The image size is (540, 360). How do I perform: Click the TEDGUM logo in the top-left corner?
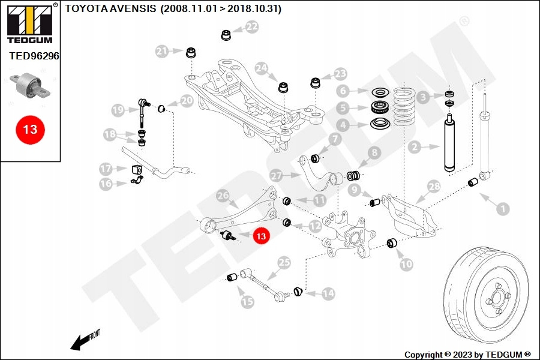(30, 23)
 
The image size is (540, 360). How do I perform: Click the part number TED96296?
(34, 56)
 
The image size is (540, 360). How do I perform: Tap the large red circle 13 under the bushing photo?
(30, 130)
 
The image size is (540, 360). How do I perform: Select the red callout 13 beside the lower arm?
(261, 236)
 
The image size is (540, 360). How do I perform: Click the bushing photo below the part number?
(30, 86)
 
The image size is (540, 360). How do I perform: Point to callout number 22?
(252, 26)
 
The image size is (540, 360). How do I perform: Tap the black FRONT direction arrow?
(82, 342)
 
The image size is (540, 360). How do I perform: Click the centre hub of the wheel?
(497, 298)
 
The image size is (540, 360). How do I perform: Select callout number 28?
(434, 187)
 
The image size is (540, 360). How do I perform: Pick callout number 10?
(406, 264)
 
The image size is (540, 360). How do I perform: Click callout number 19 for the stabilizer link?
(118, 110)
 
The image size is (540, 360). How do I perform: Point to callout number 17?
(106, 169)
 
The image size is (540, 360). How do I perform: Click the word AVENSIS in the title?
(134, 8)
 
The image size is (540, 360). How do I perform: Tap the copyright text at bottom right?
(467, 355)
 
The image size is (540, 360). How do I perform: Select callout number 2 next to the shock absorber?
(415, 147)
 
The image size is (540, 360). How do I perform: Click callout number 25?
(284, 263)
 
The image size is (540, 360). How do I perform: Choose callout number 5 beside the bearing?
(343, 108)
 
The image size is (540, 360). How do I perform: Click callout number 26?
(223, 196)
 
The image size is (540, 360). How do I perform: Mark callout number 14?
(328, 293)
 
